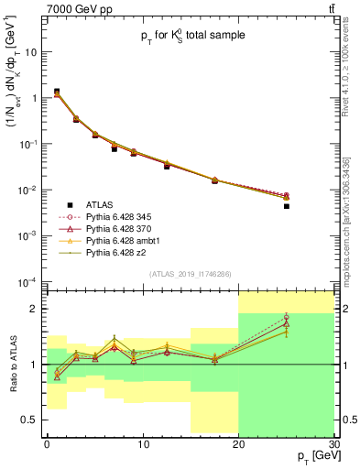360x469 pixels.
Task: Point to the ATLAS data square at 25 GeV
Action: click(286, 206)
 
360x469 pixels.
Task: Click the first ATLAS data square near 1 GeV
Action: click(57, 92)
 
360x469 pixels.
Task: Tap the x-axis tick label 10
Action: click(142, 444)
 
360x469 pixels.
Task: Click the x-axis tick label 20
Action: click(238, 444)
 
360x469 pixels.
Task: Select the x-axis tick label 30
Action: click(333, 444)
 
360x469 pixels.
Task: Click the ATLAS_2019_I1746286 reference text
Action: click(191, 274)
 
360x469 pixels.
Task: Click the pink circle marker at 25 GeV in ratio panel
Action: click(286, 317)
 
